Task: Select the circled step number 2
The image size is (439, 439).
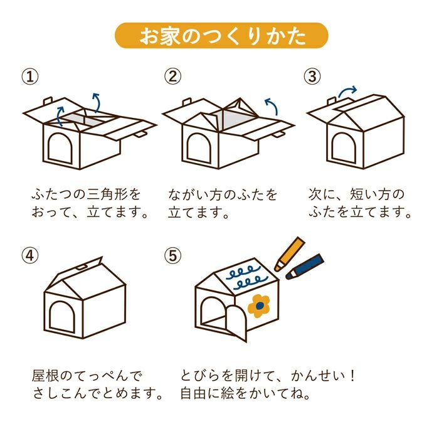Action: (x=173, y=77)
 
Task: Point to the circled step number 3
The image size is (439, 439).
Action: (x=312, y=77)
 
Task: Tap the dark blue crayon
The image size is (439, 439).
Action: (x=305, y=266)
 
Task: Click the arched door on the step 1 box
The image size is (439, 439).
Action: (x=60, y=148)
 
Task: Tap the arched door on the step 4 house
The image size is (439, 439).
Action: (x=62, y=315)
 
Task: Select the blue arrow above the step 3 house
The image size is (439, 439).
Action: (x=347, y=92)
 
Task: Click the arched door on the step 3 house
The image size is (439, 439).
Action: (x=343, y=147)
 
